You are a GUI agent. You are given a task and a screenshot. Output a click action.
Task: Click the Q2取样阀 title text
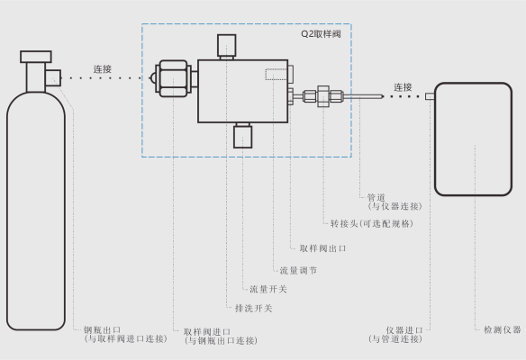click(x=321, y=34)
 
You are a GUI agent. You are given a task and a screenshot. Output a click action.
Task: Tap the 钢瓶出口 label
click(x=102, y=329)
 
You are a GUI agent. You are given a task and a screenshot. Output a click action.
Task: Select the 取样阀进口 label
click(x=207, y=332)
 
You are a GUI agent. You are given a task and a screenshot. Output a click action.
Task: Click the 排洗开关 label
click(x=253, y=308)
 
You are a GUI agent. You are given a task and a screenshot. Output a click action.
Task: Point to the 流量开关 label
click(x=268, y=289)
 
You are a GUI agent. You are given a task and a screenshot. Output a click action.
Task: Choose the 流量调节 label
click(x=298, y=270)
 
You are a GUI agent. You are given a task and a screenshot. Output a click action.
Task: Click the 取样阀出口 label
click(x=322, y=248)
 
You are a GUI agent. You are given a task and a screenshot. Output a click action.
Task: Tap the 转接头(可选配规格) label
click(x=371, y=223)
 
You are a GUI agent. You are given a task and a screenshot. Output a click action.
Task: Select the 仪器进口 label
click(x=404, y=330)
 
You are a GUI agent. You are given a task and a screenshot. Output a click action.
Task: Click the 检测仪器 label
click(x=503, y=329)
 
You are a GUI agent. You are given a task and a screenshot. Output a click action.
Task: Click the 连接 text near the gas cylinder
click(x=103, y=69)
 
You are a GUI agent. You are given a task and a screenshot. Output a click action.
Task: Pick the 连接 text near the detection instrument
click(x=403, y=87)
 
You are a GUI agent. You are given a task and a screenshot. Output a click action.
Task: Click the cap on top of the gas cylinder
click(x=36, y=57)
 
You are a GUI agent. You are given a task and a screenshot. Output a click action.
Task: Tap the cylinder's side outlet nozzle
click(x=53, y=78)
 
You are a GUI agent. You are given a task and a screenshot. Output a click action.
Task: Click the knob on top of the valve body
click(x=226, y=45)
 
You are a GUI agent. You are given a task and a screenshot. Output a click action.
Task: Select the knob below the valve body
click(x=243, y=137)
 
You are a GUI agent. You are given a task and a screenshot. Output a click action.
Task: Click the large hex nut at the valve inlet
click(x=173, y=78)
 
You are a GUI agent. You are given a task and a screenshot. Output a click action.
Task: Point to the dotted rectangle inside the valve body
click(x=277, y=75)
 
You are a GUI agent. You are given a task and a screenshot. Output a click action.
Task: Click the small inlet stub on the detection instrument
click(x=430, y=96)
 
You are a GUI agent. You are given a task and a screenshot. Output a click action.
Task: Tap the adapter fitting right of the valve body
click(x=323, y=96)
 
